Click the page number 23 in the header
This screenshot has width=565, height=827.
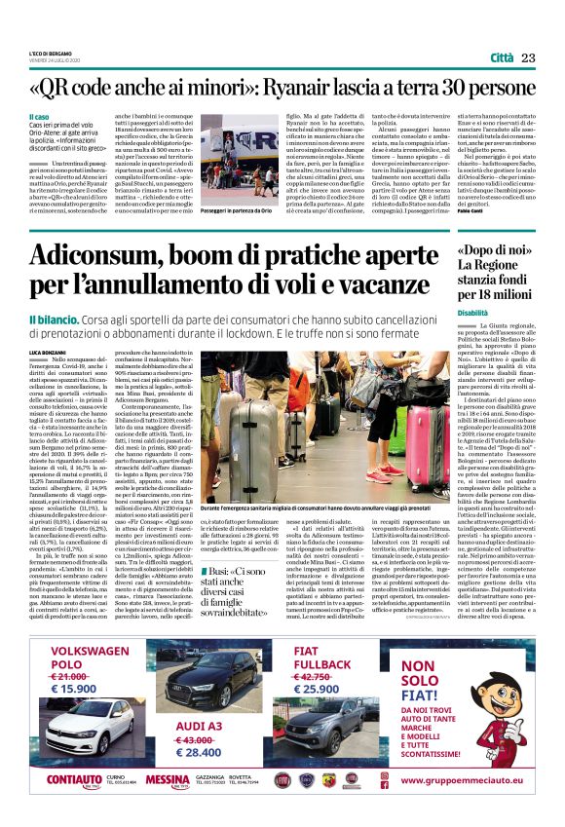point(528,57)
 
